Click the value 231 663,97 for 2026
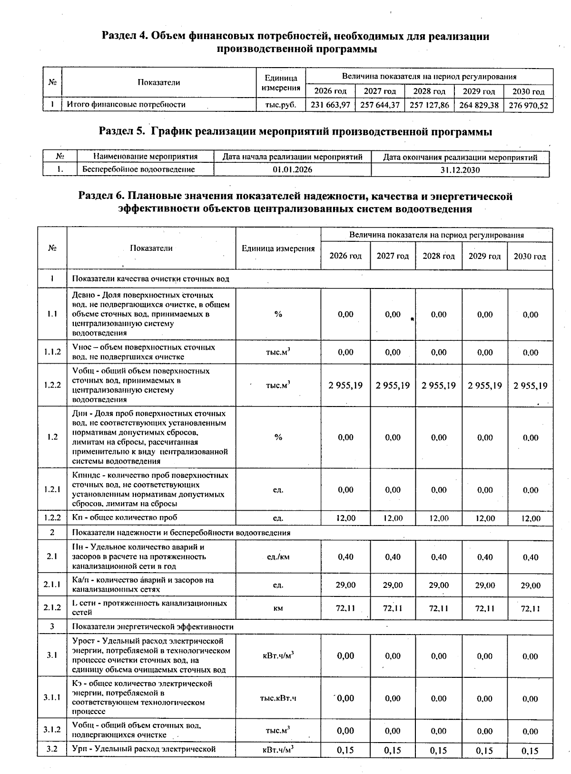pos(330,105)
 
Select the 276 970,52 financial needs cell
pos(528,105)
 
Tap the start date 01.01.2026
pos(293,169)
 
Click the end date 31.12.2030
pos(460,170)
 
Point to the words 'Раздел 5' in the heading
pos(121,132)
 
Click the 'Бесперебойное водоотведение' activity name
pos(138,169)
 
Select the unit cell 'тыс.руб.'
pos(281,105)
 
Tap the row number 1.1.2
pos(52,352)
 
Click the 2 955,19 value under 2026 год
pos(345,385)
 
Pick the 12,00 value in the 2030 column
pos(531,518)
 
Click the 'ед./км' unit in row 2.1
pos(278,557)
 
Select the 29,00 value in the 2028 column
pos(439,585)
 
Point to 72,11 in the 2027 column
pos(393,608)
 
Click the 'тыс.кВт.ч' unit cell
pos(278,698)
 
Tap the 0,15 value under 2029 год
pos(484,751)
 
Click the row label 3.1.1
pos(52,698)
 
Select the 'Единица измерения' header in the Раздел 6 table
pos(278,248)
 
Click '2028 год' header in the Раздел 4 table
pos(429,91)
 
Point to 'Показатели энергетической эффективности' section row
pos(153,627)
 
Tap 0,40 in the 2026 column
pos(345,557)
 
